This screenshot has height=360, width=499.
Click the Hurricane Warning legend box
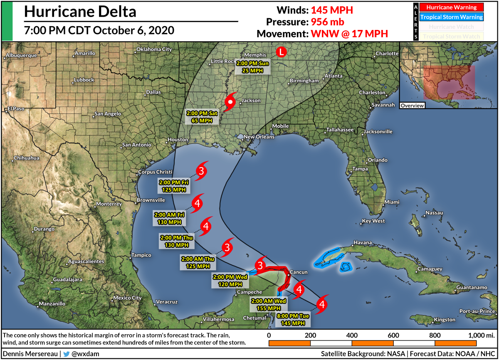(x=454, y=7)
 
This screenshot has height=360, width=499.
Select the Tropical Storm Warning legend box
(x=454, y=17)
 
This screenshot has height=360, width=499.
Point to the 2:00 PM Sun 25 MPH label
(x=253, y=67)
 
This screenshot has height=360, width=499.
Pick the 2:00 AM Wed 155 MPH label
(x=266, y=304)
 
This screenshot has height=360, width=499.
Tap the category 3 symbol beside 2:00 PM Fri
(x=201, y=171)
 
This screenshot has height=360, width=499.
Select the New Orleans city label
(x=259, y=137)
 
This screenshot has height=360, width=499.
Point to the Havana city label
(x=361, y=242)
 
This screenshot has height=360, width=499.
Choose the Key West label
(x=373, y=221)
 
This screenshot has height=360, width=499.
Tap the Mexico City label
(x=128, y=298)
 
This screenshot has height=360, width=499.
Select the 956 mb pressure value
(x=325, y=22)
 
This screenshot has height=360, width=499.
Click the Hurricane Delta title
(x=80, y=12)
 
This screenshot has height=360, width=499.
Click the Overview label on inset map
(x=412, y=106)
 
